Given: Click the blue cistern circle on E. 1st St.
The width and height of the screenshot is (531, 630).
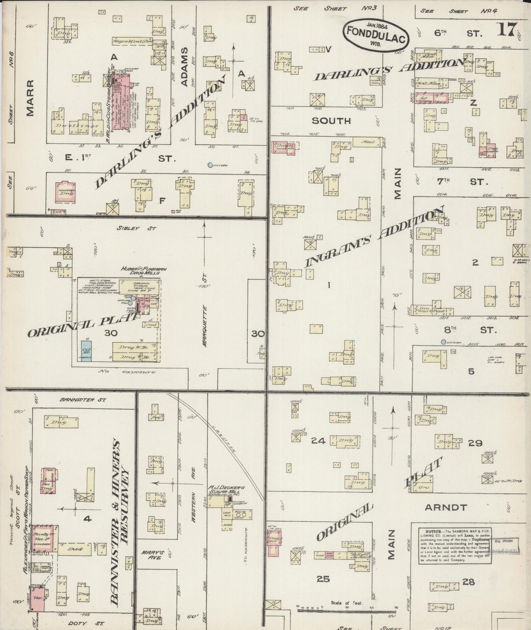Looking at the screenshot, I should tap(210, 165).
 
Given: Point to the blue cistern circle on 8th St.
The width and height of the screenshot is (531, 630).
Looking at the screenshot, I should tap(444, 342).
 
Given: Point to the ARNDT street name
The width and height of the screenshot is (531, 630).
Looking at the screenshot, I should tap(445, 508).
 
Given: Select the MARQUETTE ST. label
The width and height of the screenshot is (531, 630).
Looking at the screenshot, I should tap(205, 327).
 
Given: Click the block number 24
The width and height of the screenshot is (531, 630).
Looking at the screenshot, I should tap(318, 440).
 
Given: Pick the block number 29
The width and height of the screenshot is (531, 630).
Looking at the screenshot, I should tap(475, 443).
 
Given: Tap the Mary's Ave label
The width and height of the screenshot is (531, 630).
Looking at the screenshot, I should tap(149, 555).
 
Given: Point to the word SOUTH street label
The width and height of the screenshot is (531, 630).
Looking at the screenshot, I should tap(332, 121).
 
